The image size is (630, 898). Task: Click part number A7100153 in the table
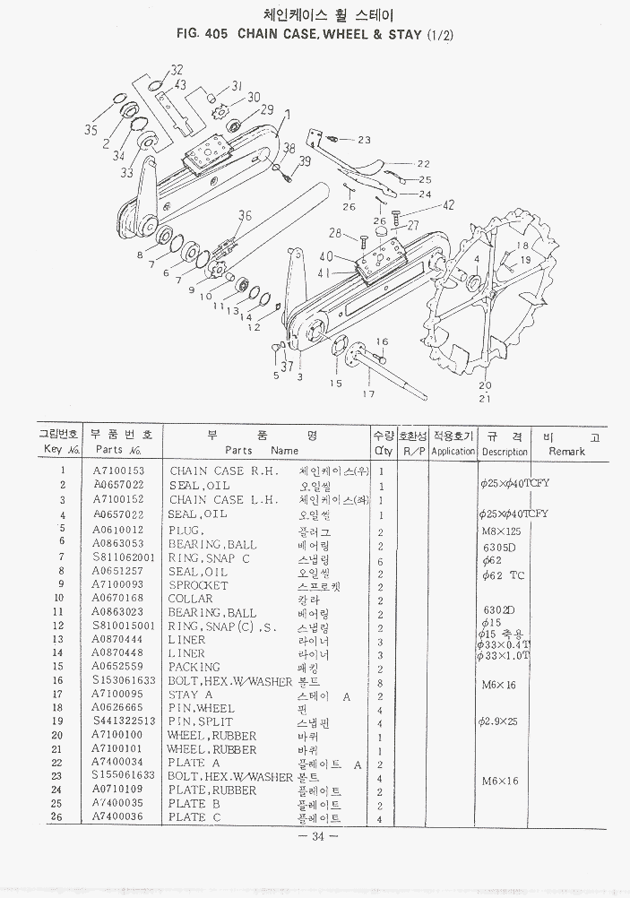click(118, 471)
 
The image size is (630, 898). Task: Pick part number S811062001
click(125, 557)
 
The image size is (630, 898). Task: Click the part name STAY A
click(190, 695)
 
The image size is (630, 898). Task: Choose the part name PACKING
click(194, 667)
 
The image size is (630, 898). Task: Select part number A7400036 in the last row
click(118, 817)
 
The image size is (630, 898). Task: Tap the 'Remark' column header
click(566, 452)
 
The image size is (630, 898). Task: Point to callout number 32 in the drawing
click(177, 70)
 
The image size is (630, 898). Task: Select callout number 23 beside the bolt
click(363, 140)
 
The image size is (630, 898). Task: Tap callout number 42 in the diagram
click(449, 205)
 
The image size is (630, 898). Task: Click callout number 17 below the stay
click(367, 393)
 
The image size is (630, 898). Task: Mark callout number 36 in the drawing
click(246, 214)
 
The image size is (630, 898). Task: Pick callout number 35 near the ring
click(91, 131)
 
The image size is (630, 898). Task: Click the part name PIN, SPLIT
click(200, 721)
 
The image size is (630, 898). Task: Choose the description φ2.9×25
click(498, 721)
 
